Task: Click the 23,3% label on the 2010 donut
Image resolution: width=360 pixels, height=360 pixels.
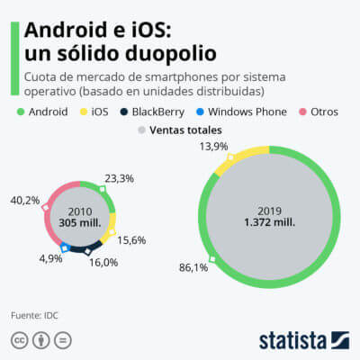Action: click(x=119, y=178)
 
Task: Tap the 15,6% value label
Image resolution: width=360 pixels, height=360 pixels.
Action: click(x=131, y=241)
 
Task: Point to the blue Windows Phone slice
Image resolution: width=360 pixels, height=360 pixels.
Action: click(x=64, y=244)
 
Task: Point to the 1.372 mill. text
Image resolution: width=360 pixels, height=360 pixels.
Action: click(x=270, y=222)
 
